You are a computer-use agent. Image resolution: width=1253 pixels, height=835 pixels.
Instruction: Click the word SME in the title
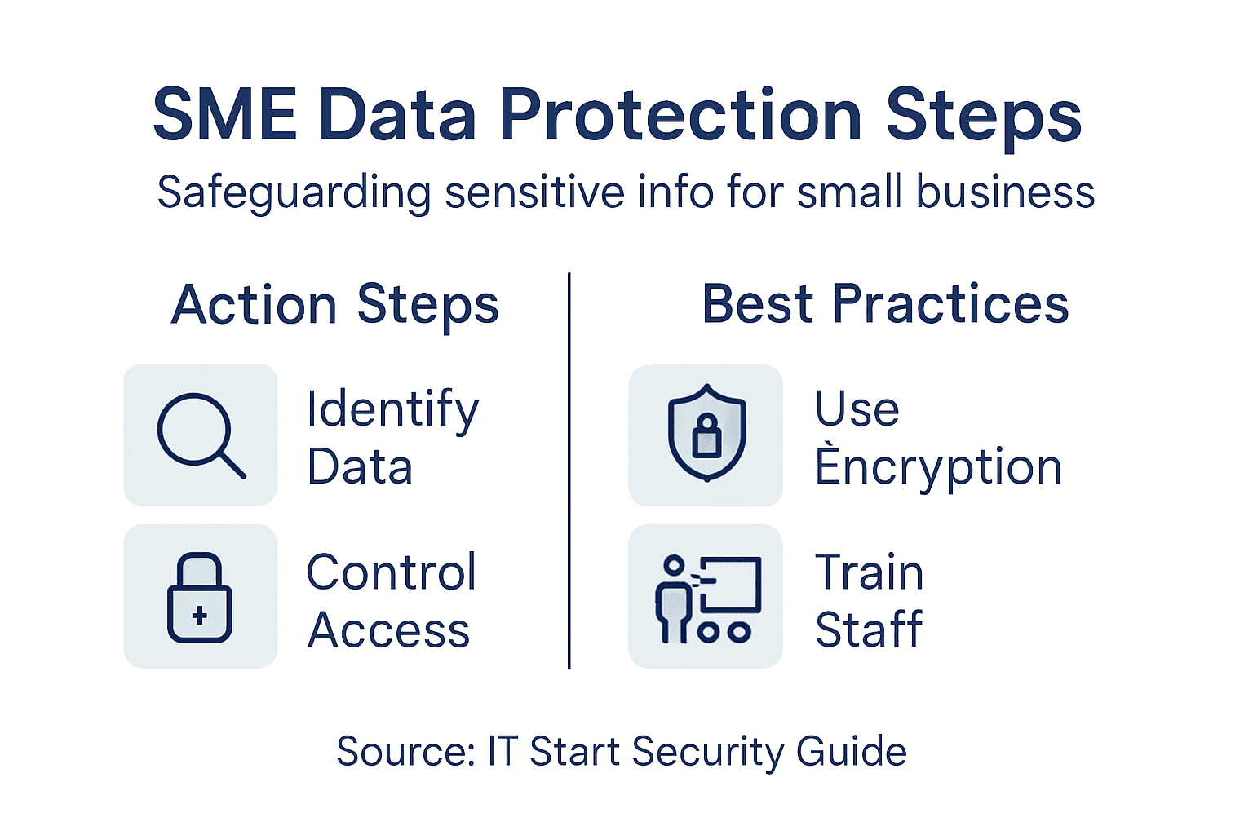[x=225, y=115]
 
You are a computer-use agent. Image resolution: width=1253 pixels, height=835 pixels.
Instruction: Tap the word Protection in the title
[x=680, y=115]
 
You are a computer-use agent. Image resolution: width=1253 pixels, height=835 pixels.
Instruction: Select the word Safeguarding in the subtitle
[x=293, y=193]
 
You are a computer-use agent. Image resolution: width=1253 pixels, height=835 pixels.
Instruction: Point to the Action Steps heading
[x=335, y=305]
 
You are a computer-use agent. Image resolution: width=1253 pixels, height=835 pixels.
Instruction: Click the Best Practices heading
[x=885, y=304]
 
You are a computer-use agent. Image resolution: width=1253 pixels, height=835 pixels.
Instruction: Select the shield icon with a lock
[x=706, y=433]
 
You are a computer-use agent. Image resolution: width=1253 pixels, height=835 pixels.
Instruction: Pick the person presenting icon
[x=706, y=599]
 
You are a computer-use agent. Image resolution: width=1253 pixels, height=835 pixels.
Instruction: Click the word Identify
[x=392, y=409]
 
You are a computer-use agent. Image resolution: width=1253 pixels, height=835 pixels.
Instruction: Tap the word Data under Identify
[x=360, y=467]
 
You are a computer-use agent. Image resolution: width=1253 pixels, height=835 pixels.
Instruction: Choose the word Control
[x=392, y=572]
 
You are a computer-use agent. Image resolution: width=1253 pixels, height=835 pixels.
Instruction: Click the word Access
[x=388, y=630]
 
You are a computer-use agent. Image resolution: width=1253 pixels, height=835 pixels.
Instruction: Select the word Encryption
[x=938, y=467]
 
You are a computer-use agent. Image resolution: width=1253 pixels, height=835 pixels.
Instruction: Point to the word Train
[x=870, y=572]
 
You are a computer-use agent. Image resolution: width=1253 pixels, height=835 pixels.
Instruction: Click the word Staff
[x=869, y=630]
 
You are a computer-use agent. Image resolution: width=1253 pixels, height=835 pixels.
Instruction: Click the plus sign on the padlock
[x=200, y=616]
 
